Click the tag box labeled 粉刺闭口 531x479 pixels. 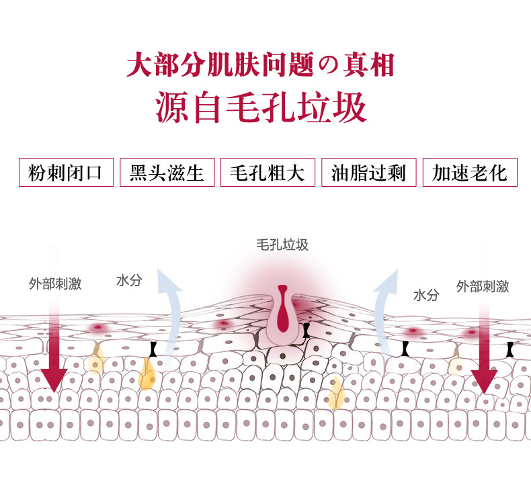[x=65, y=173]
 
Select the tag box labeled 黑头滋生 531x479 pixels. [x=167, y=173]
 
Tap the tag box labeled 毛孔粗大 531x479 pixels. [x=268, y=173]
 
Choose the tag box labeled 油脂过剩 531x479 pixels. [x=369, y=173]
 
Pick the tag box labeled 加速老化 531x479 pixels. [x=470, y=173]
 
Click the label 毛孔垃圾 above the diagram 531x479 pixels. [x=282, y=245]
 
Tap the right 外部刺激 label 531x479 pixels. [x=482, y=287]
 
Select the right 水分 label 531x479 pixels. [x=426, y=295]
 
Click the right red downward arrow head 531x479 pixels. [x=484, y=380]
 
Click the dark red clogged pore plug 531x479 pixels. [x=282, y=311]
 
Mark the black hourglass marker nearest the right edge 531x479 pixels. [x=510, y=349]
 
